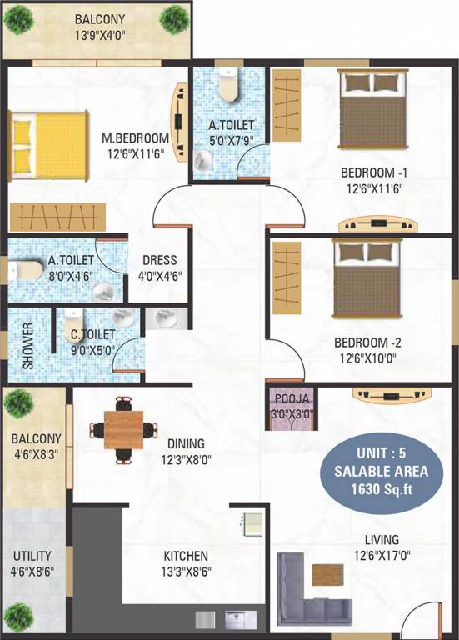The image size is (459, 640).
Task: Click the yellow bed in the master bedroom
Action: point(47,147)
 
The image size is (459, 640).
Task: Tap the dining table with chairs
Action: point(122,430)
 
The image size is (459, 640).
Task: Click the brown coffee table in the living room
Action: point(327,575)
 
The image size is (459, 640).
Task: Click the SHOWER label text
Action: point(27,345)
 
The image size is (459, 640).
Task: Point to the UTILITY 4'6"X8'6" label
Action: point(32,563)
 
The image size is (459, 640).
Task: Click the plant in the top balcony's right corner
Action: point(173,17)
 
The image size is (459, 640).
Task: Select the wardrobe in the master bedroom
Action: point(57,217)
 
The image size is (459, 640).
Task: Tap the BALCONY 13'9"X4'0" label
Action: point(99,27)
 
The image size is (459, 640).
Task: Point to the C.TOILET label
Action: point(93,335)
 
